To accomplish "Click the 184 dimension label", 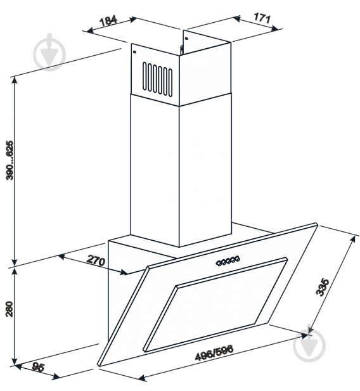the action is [x=108, y=21].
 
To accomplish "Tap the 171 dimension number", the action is [x=262, y=18].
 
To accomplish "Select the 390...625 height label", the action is [x=10, y=160].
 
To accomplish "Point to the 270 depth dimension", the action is [x=96, y=260].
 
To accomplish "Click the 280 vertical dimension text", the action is [x=10, y=309].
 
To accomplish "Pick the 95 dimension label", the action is [x=38, y=368].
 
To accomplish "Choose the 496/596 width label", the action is [x=214, y=353].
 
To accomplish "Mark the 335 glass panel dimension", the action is [x=323, y=287].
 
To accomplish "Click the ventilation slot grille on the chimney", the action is [x=157, y=79].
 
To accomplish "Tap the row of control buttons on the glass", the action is [x=228, y=260].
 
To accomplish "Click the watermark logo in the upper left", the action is [x=49, y=52].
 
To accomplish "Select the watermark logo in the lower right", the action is [x=309, y=345].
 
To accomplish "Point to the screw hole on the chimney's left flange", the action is [x=134, y=52].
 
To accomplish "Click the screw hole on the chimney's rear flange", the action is [x=186, y=38].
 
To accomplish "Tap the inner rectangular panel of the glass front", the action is [x=215, y=305].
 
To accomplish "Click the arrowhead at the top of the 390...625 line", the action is [x=15, y=80].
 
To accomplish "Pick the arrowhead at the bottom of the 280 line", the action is [x=15, y=362].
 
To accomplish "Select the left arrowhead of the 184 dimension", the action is [x=90, y=30].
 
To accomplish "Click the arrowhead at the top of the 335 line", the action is [x=352, y=239].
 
